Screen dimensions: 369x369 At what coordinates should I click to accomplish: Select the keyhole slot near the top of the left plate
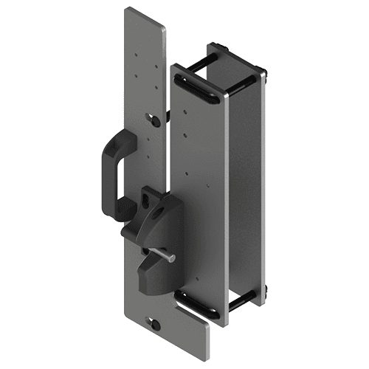[153, 119]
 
